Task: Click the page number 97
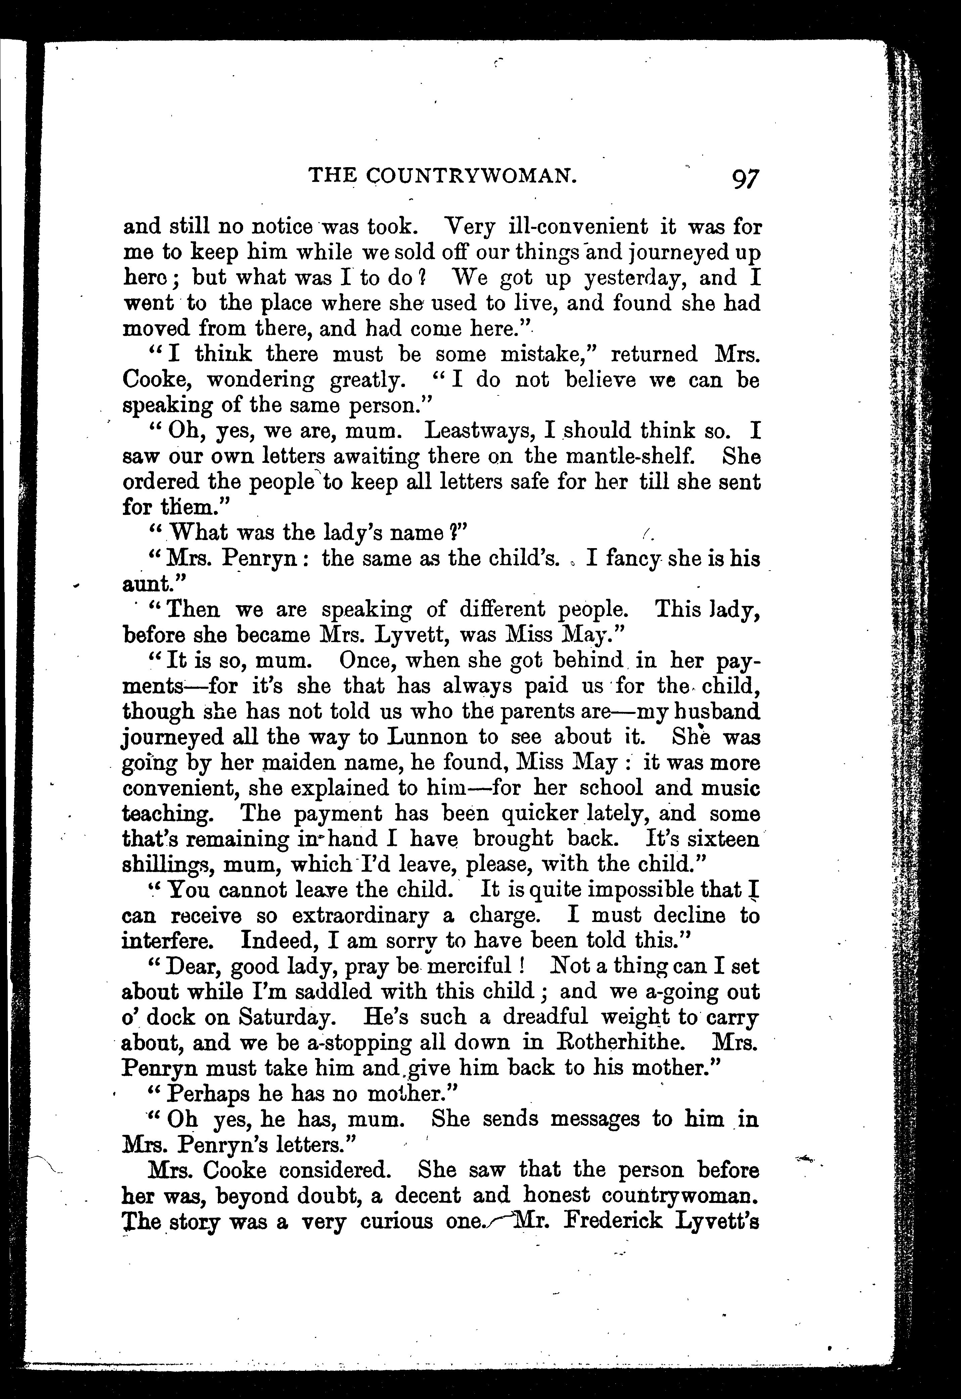click(745, 179)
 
